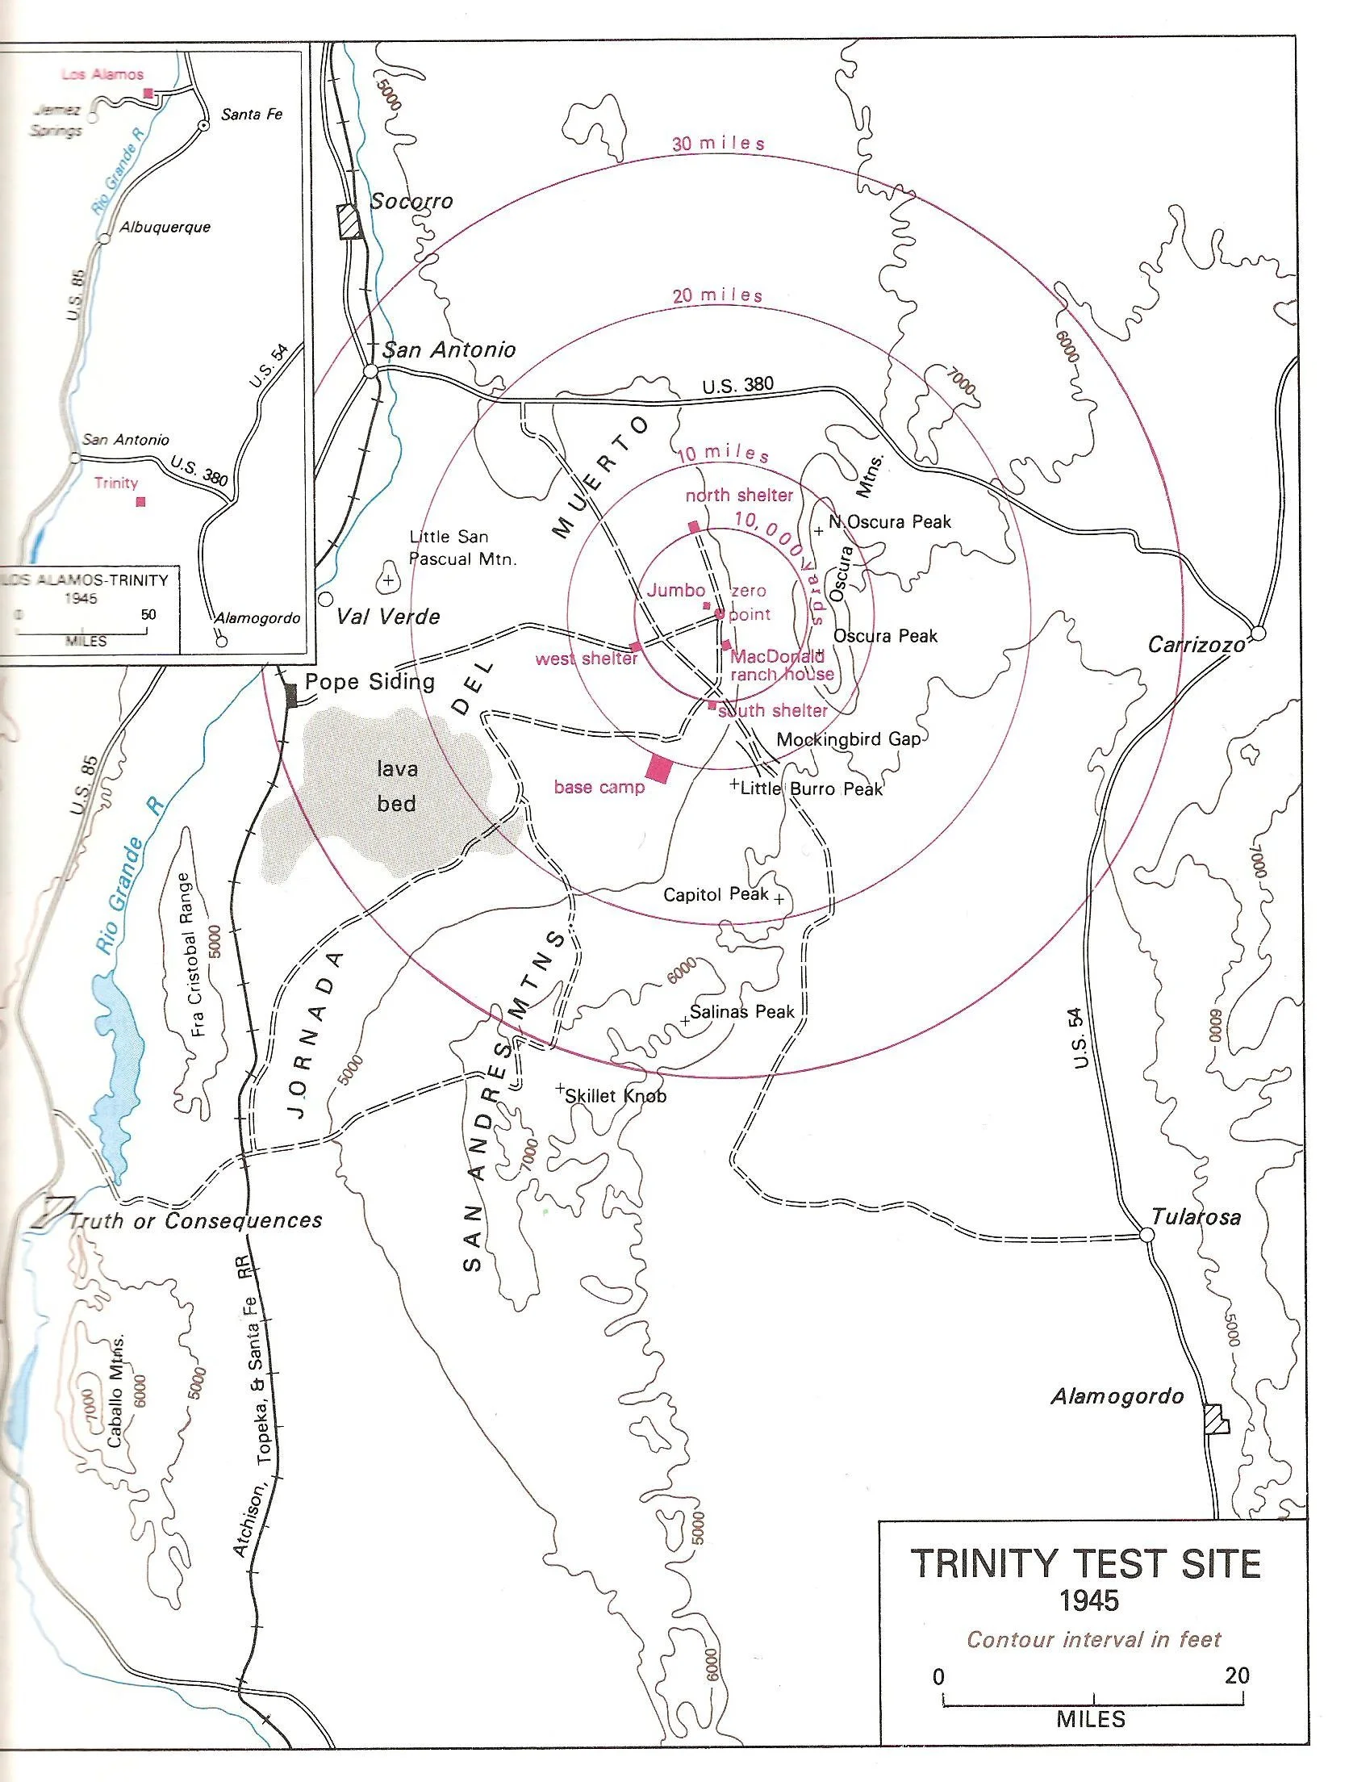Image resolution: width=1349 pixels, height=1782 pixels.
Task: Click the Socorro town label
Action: tap(411, 202)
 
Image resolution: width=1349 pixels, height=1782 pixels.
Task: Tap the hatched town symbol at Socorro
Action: tap(350, 221)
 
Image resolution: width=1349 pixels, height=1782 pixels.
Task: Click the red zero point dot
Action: tap(720, 614)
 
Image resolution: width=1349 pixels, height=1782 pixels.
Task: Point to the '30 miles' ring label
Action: tap(718, 144)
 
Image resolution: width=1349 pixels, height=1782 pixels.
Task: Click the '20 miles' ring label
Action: tap(718, 296)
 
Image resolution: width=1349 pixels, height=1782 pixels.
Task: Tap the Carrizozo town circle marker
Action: tap(1257, 633)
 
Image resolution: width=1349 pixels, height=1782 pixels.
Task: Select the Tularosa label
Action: tap(1196, 1217)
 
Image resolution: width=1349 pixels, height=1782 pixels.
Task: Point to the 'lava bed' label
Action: tap(396, 786)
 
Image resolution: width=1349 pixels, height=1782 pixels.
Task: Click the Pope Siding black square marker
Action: tap(291, 694)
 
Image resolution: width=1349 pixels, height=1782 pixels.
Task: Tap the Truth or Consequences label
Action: tap(195, 1221)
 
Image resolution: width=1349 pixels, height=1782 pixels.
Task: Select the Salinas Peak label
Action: tap(741, 1012)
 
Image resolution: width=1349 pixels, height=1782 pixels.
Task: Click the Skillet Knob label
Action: tap(616, 1096)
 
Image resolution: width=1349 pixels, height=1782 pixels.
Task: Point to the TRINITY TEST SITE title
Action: tap(1087, 1563)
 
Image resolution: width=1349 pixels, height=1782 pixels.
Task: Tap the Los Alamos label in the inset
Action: tap(102, 74)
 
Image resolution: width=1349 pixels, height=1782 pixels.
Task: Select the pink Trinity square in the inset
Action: tap(141, 502)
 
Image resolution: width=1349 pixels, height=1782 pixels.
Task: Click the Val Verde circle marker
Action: tap(326, 600)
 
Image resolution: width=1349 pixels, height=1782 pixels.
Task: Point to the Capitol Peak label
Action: tap(716, 894)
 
